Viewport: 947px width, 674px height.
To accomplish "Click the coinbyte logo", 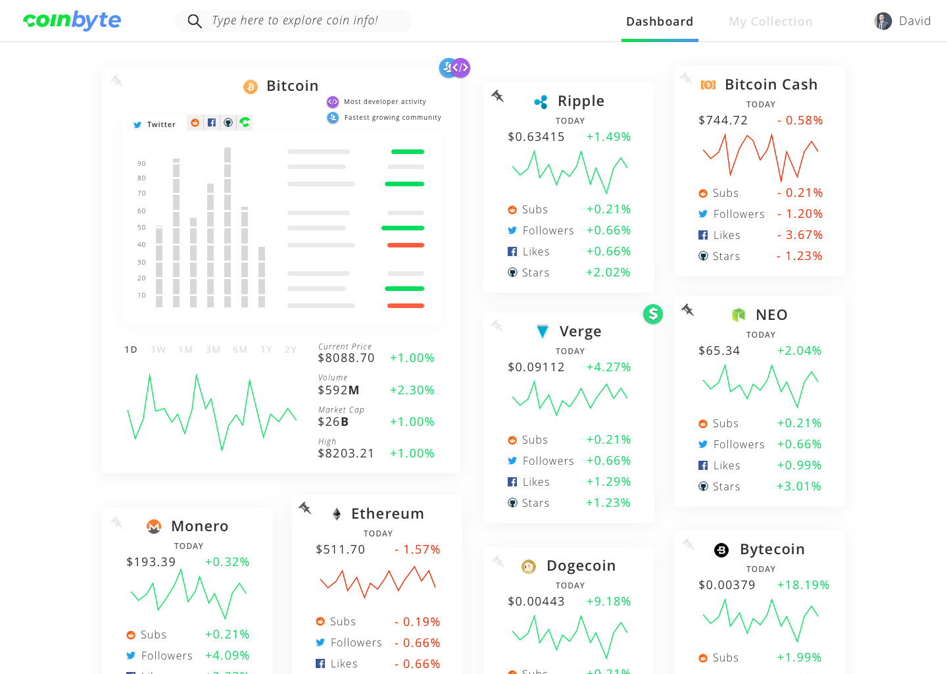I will [x=72, y=20].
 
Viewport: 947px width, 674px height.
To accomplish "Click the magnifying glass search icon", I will [x=194, y=22].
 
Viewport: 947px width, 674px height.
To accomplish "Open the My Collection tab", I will [x=770, y=22].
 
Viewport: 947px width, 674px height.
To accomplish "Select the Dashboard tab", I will [x=660, y=22].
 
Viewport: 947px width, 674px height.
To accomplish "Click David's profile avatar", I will [x=883, y=21].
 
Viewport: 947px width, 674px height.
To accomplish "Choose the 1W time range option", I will [x=158, y=350].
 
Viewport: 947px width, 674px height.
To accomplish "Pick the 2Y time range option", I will [x=290, y=350].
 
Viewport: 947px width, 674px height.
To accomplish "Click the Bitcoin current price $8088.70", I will [x=346, y=358].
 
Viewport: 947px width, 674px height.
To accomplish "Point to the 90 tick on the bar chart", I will [x=141, y=163].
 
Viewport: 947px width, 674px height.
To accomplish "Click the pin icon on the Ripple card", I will [x=498, y=96].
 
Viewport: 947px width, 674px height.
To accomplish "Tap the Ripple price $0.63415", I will [x=536, y=137].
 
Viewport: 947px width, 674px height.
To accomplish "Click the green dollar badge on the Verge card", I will [x=653, y=314].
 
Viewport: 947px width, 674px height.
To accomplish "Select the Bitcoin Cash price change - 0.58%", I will [x=800, y=120].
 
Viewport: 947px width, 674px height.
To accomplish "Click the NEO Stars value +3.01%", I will [x=798, y=486].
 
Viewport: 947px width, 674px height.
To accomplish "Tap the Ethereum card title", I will [x=387, y=513].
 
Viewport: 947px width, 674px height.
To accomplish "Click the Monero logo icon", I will [x=154, y=527].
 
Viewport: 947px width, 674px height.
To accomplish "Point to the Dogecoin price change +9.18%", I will [x=608, y=602].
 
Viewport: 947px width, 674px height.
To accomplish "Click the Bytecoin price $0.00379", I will [x=727, y=585].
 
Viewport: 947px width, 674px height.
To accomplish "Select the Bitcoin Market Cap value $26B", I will [x=333, y=422].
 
